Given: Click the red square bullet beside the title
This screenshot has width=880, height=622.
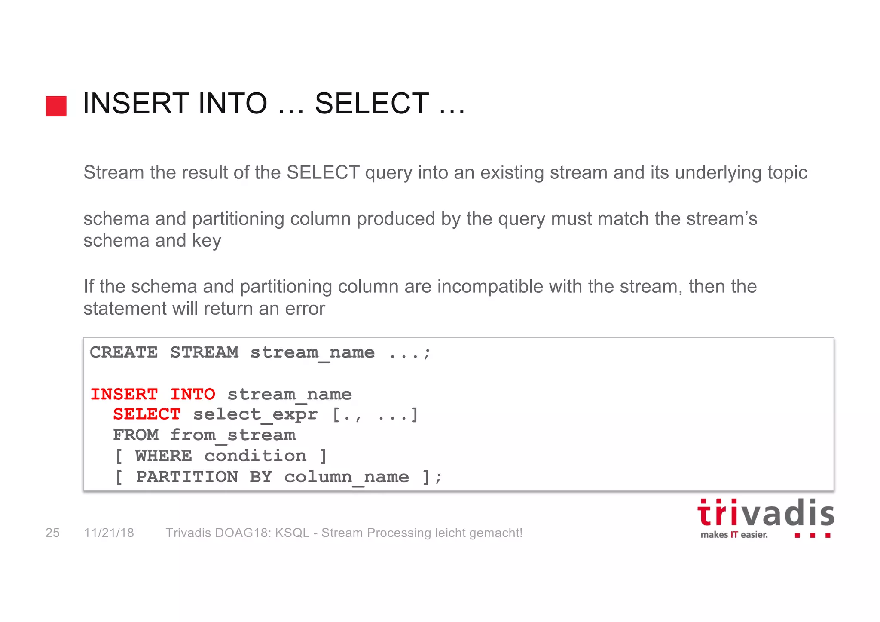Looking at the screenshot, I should pos(56,106).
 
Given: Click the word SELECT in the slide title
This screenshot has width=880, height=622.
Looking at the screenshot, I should pos(372,104).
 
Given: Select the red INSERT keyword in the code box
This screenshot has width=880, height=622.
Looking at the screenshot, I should pos(124,394).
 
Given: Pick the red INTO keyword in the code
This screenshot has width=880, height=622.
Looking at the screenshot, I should pos(192,394).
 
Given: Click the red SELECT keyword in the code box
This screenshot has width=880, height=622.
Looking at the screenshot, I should pos(147,414).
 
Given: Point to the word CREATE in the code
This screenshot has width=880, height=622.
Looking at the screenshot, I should pos(124,352).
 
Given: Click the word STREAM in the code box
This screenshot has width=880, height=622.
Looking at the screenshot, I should pos(204,352).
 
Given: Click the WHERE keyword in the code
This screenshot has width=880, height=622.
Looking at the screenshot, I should pos(164,456).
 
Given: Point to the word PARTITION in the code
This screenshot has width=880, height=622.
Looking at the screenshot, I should pos(187,477).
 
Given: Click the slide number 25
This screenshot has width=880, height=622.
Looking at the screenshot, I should pos(52,533).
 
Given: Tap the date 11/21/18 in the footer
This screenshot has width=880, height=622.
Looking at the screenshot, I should pos(109,533).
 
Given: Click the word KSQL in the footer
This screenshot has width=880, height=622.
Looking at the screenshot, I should pos(292,533).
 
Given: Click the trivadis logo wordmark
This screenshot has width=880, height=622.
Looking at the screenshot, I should pos(765,513).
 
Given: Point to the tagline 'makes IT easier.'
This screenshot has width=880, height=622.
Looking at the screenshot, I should pos(734,535).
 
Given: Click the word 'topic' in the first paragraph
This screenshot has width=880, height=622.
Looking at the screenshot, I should pos(787,173).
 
